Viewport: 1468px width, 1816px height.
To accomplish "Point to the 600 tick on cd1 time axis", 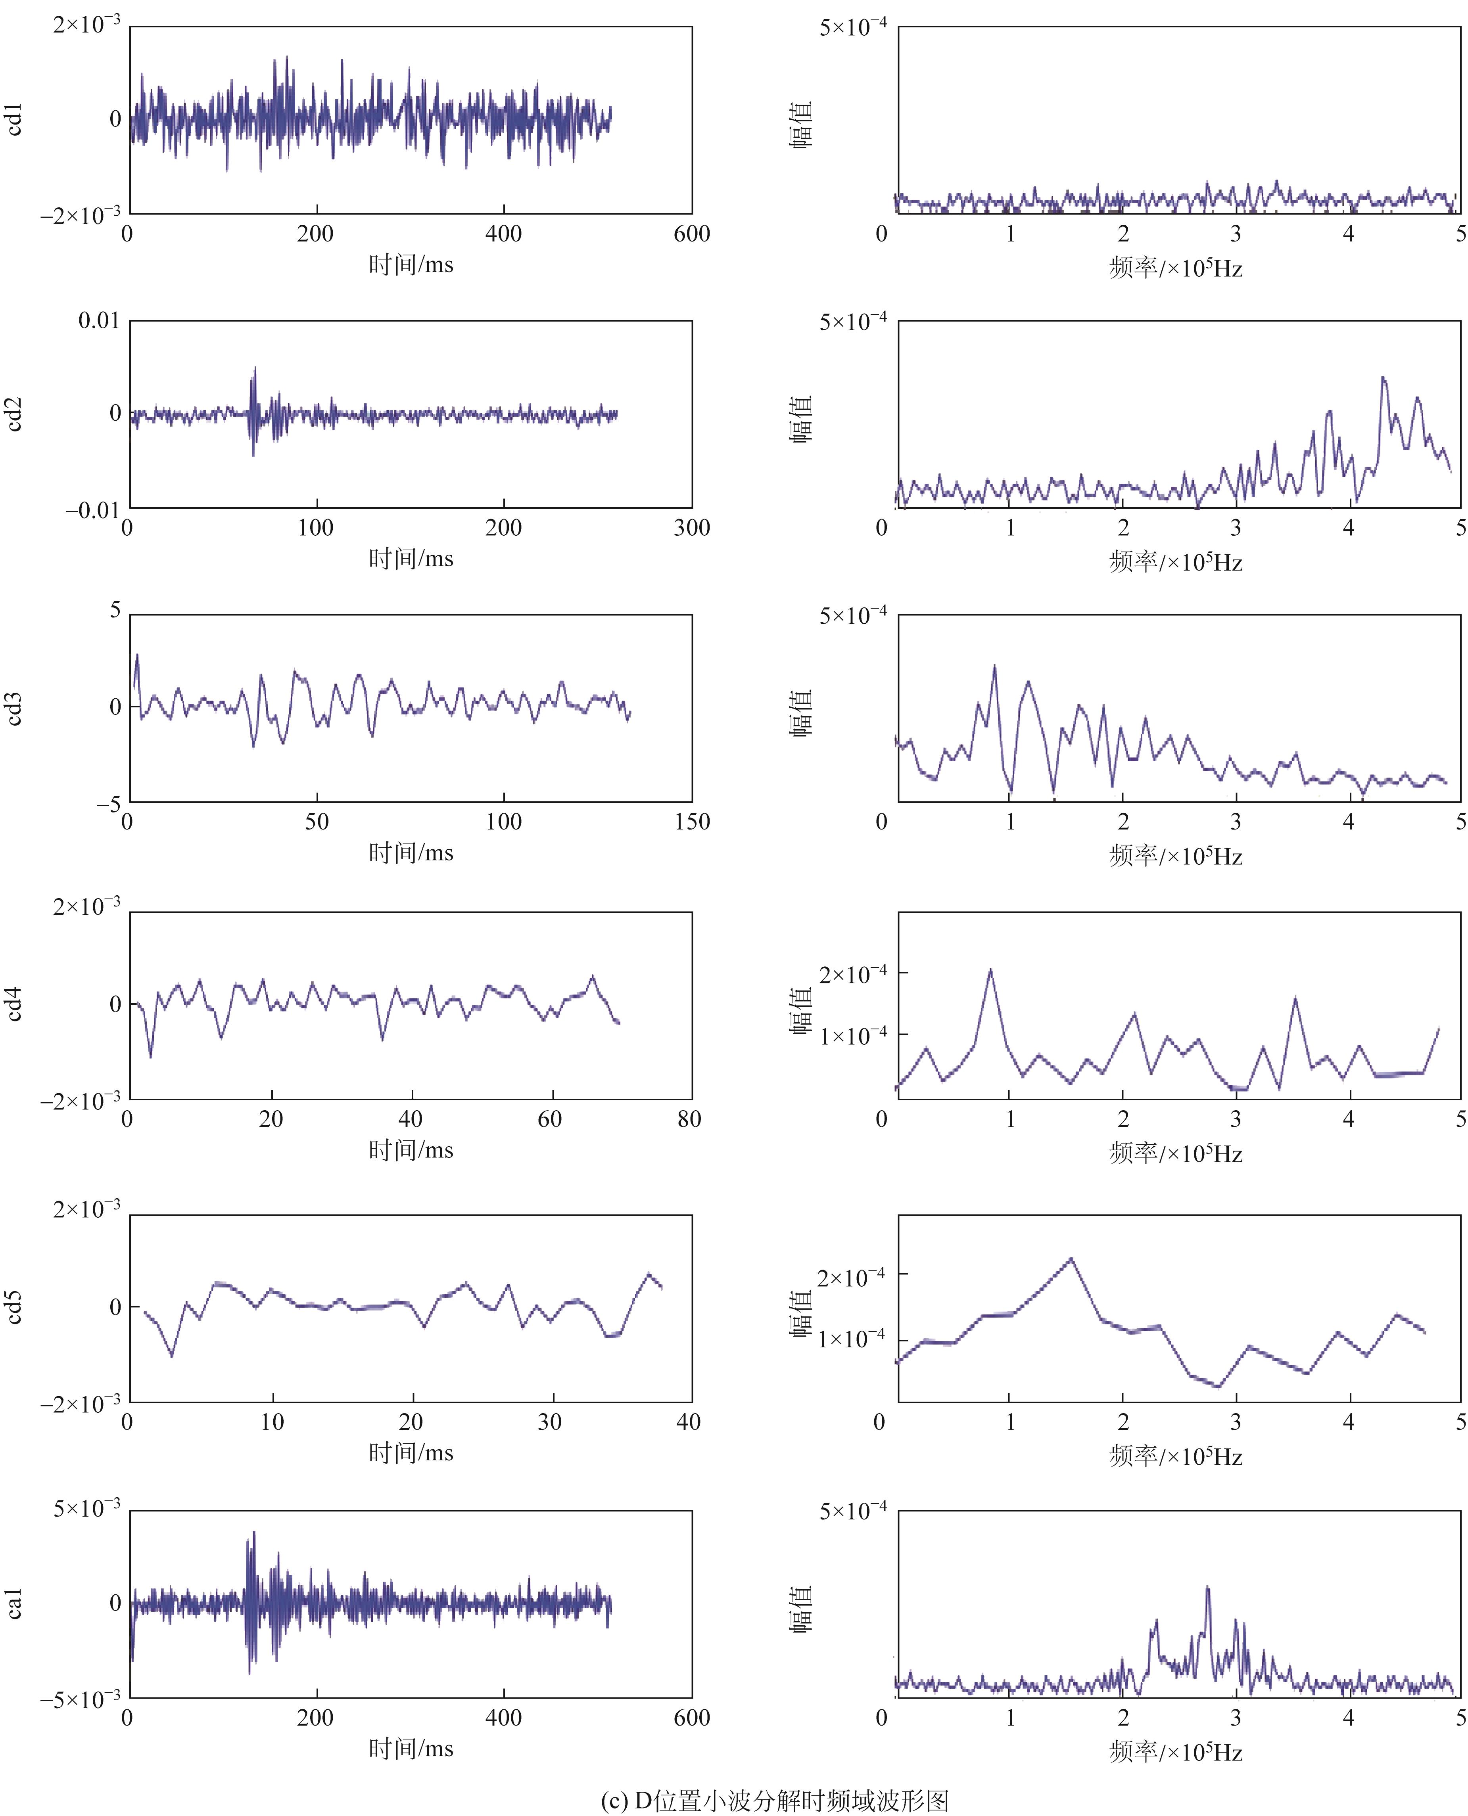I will [x=691, y=234].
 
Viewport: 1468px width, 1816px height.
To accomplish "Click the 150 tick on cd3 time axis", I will [x=691, y=822].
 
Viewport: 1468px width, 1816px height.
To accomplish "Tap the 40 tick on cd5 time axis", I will [x=688, y=1422].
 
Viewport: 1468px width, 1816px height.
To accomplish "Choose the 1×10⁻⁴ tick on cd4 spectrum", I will [x=852, y=1035].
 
